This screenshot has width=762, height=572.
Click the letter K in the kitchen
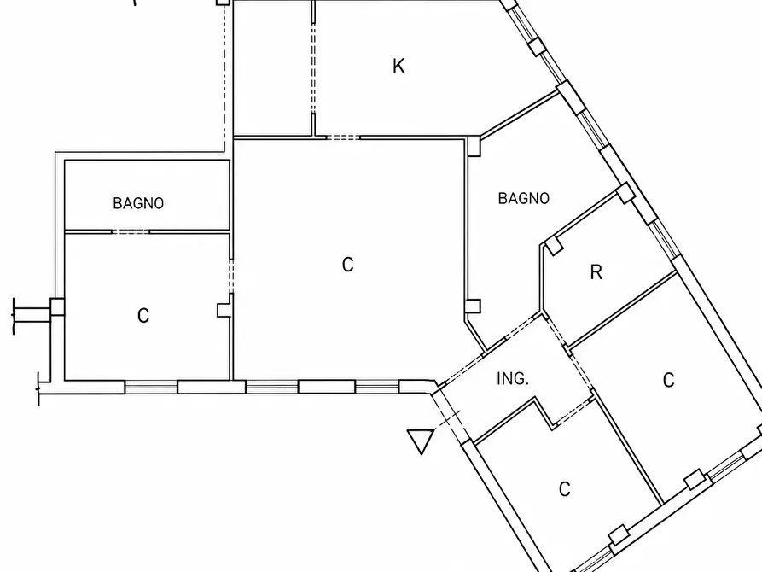[398, 66]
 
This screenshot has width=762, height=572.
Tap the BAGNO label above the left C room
[138, 203]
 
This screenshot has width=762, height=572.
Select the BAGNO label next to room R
[523, 198]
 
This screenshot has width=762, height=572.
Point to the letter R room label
[596, 272]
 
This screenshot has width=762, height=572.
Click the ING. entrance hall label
[513, 379]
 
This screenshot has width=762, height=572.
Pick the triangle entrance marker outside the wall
[421, 441]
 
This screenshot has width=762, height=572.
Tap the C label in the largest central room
[347, 265]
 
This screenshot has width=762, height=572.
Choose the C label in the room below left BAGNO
[143, 316]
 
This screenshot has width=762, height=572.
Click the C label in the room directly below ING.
[564, 489]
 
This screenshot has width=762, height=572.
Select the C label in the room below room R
[669, 380]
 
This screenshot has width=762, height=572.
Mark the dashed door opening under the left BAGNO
[131, 231]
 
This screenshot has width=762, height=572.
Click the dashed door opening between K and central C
[343, 137]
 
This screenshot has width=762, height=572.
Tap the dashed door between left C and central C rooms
[231, 276]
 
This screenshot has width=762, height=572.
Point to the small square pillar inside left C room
[224, 310]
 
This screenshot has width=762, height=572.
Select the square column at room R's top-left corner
[555, 245]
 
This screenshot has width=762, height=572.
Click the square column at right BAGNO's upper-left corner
[474, 147]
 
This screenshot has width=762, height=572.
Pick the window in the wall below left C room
[151, 387]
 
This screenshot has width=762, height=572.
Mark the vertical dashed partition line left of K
[313, 68]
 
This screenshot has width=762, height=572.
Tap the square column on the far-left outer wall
[57, 306]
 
